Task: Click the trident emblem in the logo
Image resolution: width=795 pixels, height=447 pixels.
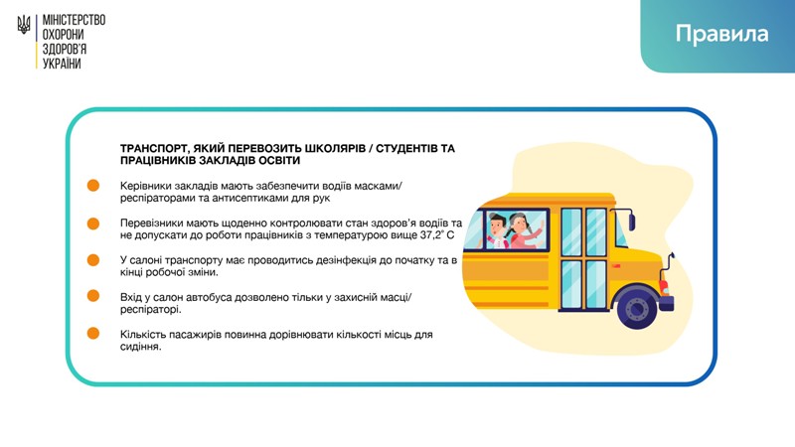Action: (24, 25)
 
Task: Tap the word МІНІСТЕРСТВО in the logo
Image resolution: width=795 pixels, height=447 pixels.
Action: (74, 20)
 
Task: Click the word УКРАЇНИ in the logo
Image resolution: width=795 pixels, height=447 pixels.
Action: (62, 64)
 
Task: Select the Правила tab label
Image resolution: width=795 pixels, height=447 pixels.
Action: (721, 34)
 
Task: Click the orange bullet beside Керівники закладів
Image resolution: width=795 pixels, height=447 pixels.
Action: (93, 186)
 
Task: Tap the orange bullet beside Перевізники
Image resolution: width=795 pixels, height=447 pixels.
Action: (93, 223)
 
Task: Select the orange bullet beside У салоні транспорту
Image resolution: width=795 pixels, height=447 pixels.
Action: (93, 260)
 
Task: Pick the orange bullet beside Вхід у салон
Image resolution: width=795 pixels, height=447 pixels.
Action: (93, 295)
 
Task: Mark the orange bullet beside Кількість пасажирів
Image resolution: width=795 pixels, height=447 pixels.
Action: (93, 334)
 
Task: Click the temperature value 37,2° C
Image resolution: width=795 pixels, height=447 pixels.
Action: (437, 235)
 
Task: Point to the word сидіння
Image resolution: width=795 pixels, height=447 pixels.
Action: (140, 347)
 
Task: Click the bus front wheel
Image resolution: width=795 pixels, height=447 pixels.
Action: (637, 307)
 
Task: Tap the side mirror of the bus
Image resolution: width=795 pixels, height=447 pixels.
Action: (631, 221)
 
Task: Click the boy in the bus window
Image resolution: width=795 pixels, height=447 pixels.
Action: (498, 231)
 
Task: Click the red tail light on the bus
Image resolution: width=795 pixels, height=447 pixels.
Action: (664, 287)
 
